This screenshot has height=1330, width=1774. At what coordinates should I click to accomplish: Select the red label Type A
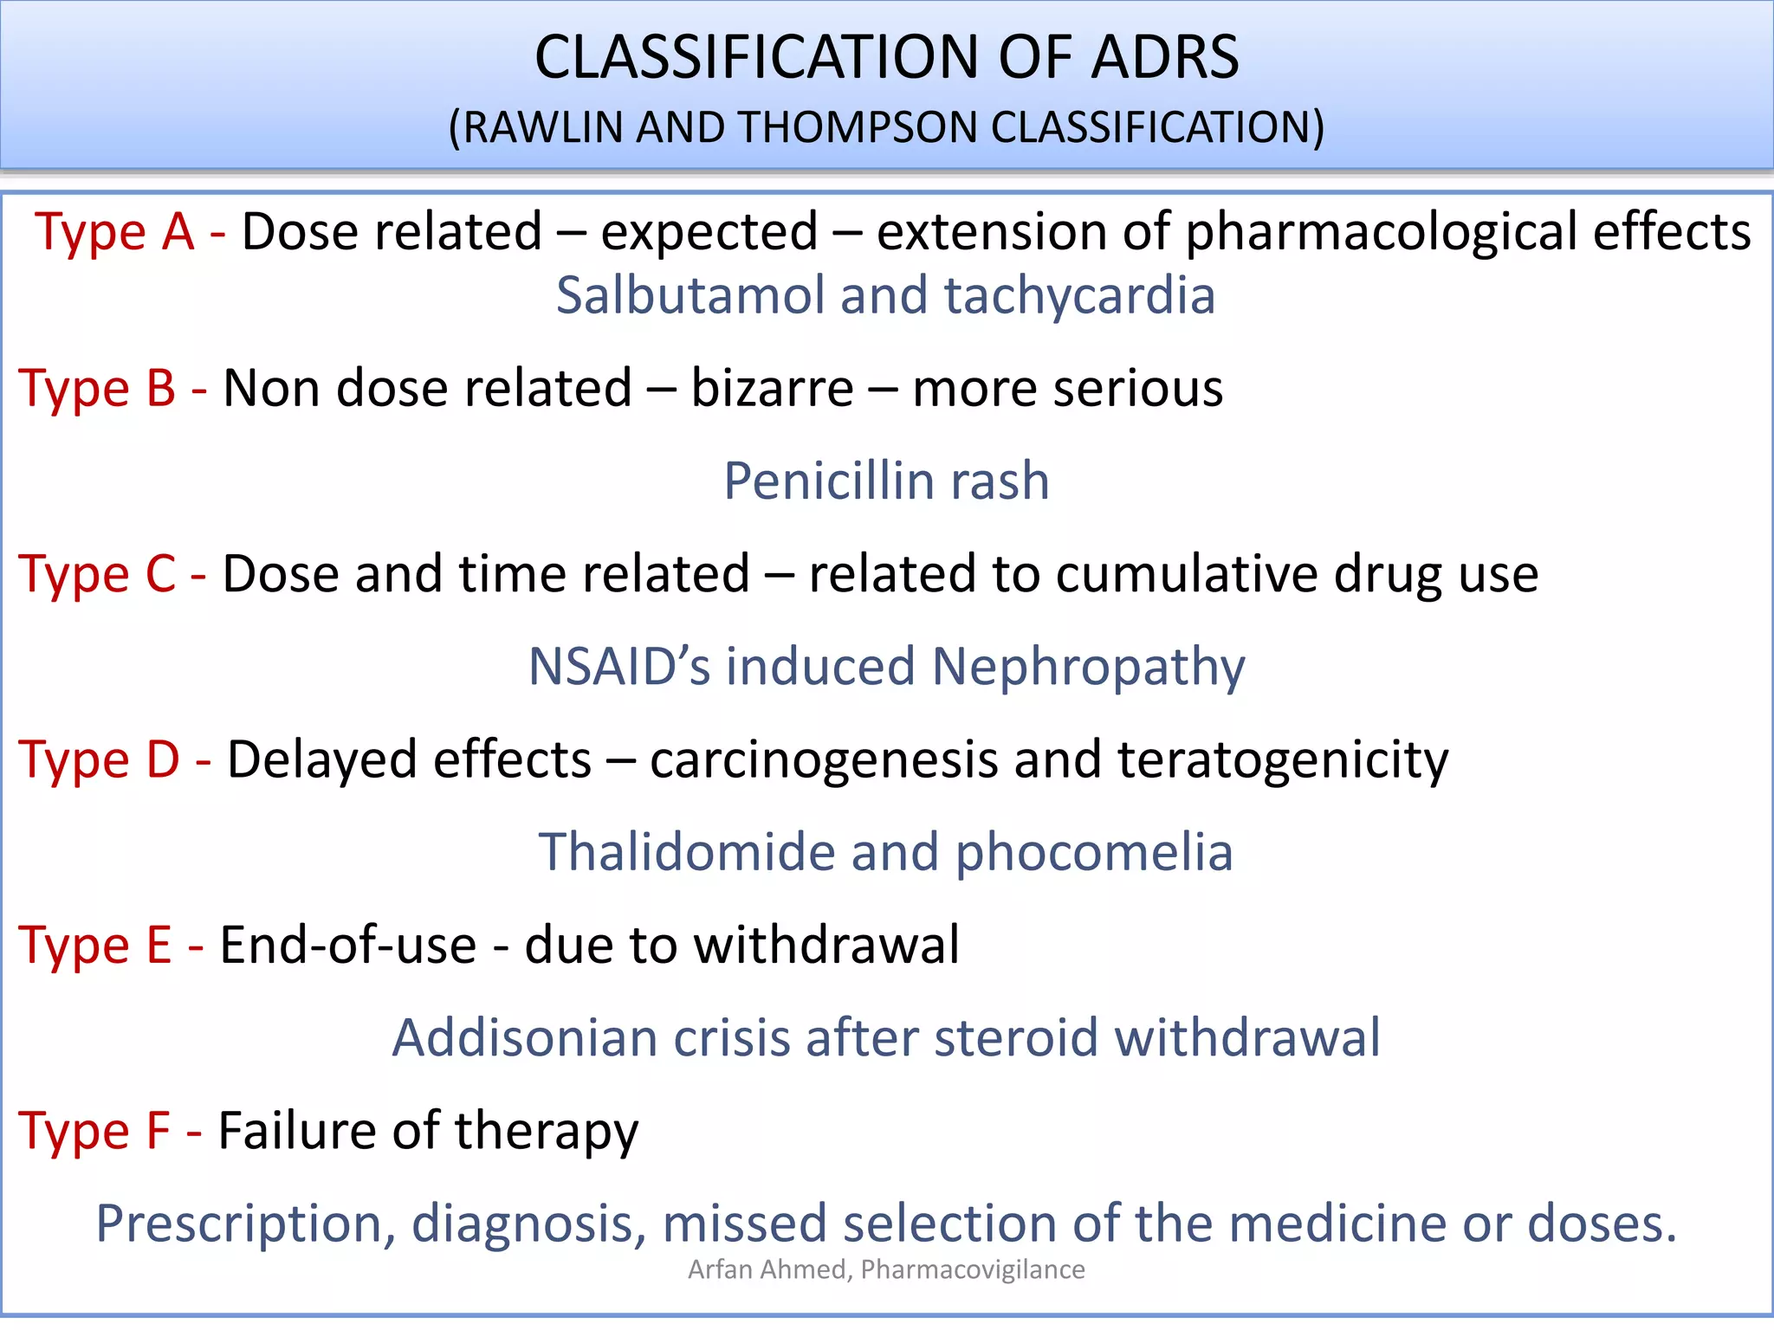(114, 232)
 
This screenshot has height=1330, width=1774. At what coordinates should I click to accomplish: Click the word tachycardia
(1079, 297)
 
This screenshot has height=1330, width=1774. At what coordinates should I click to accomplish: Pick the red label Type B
(97, 388)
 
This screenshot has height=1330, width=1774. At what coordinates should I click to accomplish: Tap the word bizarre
(772, 388)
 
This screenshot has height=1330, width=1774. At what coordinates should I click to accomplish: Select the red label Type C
(97, 573)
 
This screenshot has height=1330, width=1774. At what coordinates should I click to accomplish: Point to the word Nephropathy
(1088, 668)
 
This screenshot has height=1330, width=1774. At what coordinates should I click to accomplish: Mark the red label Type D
(99, 759)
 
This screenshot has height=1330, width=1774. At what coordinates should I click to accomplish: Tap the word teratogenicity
(1282, 761)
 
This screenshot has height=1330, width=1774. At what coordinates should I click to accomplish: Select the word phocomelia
(1093, 854)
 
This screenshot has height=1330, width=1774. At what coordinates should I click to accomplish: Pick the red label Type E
(95, 945)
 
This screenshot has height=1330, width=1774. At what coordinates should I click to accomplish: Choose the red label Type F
(94, 1131)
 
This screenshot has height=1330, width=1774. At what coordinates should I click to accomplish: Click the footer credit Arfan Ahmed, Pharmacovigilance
(886, 1269)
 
